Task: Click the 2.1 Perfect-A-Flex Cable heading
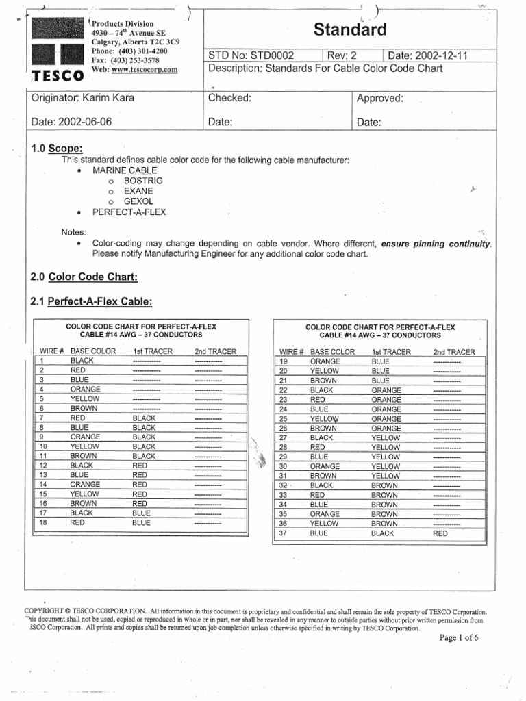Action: pos(92,302)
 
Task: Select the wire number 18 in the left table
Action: pos(42,522)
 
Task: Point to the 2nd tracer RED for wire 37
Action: pos(440,532)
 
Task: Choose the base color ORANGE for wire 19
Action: pos(325,361)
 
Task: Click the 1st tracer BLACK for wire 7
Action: pos(145,418)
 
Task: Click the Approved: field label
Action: pos(380,98)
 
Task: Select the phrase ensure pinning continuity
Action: pos(436,244)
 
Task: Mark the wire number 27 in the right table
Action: pos(283,437)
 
